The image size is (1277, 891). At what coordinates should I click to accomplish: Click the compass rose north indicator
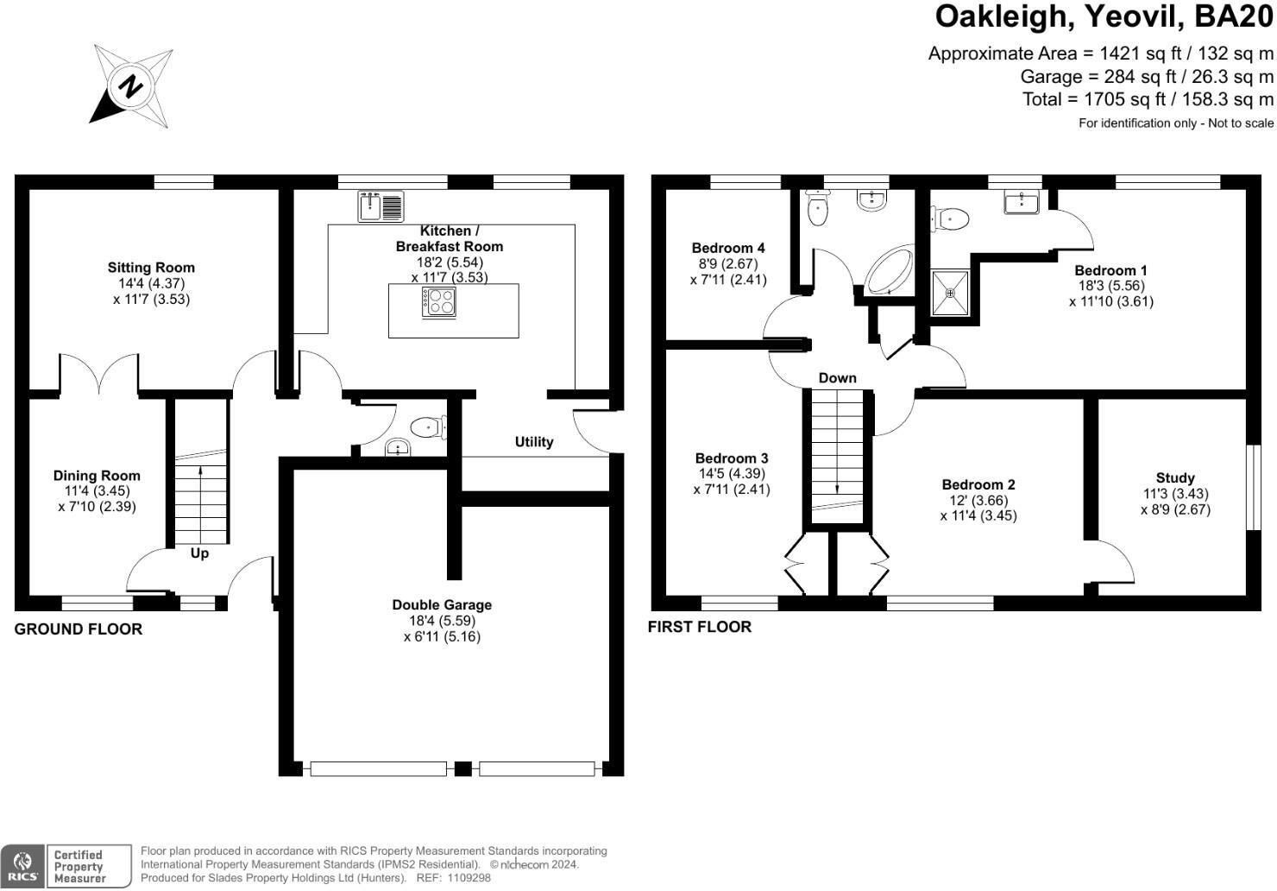pyautogui.click(x=131, y=86)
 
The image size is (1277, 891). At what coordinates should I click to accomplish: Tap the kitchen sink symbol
pyautogui.click(x=381, y=206)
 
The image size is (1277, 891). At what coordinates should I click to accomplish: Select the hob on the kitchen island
pyautogui.click(x=438, y=302)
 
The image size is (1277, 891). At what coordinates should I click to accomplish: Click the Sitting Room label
pyautogui.click(x=151, y=268)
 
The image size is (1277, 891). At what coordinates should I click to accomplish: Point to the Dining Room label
pyautogui.click(x=97, y=476)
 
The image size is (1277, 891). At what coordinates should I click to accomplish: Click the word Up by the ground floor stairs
pyautogui.click(x=199, y=553)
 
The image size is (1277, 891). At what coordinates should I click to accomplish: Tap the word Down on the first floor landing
pyautogui.click(x=837, y=378)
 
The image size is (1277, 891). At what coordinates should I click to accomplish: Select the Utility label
pyautogui.click(x=534, y=442)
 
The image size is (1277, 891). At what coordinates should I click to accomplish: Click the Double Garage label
pyautogui.click(x=442, y=605)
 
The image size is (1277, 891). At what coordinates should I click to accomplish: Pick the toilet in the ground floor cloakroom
pyautogui.click(x=426, y=427)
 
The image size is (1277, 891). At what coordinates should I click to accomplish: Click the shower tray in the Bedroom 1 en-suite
pyautogui.click(x=950, y=293)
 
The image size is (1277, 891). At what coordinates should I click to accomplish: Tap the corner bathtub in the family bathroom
pyautogui.click(x=889, y=272)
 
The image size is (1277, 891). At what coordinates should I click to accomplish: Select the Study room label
pyautogui.click(x=1175, y=478)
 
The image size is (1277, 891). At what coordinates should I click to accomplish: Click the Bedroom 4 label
pyautogui.click(x=728, y=249)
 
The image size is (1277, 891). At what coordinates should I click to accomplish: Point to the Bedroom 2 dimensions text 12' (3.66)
pyautogui.click(x=978, y=501)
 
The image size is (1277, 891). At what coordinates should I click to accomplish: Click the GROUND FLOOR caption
pyautogui.click(x=79, y=629)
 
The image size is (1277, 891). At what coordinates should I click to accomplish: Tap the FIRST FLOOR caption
pyautogui.click(x=700, y=627)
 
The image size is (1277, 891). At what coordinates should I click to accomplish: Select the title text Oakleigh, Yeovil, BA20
pyautogui.click(x=1104, y=17)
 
